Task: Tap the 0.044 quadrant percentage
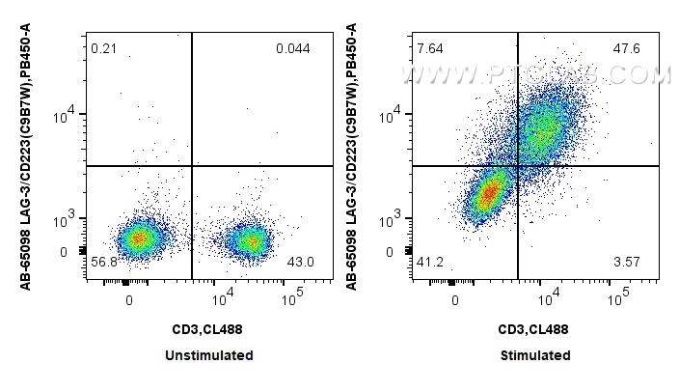point(292,48)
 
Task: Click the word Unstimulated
point(209,355)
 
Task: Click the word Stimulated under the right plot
point(535,355)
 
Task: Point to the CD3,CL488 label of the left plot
point(208,329)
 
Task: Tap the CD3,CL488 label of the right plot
point(533,329)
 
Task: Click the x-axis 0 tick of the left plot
point(130,299)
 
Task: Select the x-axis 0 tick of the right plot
point(455,299)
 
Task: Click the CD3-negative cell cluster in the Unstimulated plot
point(139,238)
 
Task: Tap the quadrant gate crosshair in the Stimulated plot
point(518,166)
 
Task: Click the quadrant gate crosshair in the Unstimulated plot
point(192,166)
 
